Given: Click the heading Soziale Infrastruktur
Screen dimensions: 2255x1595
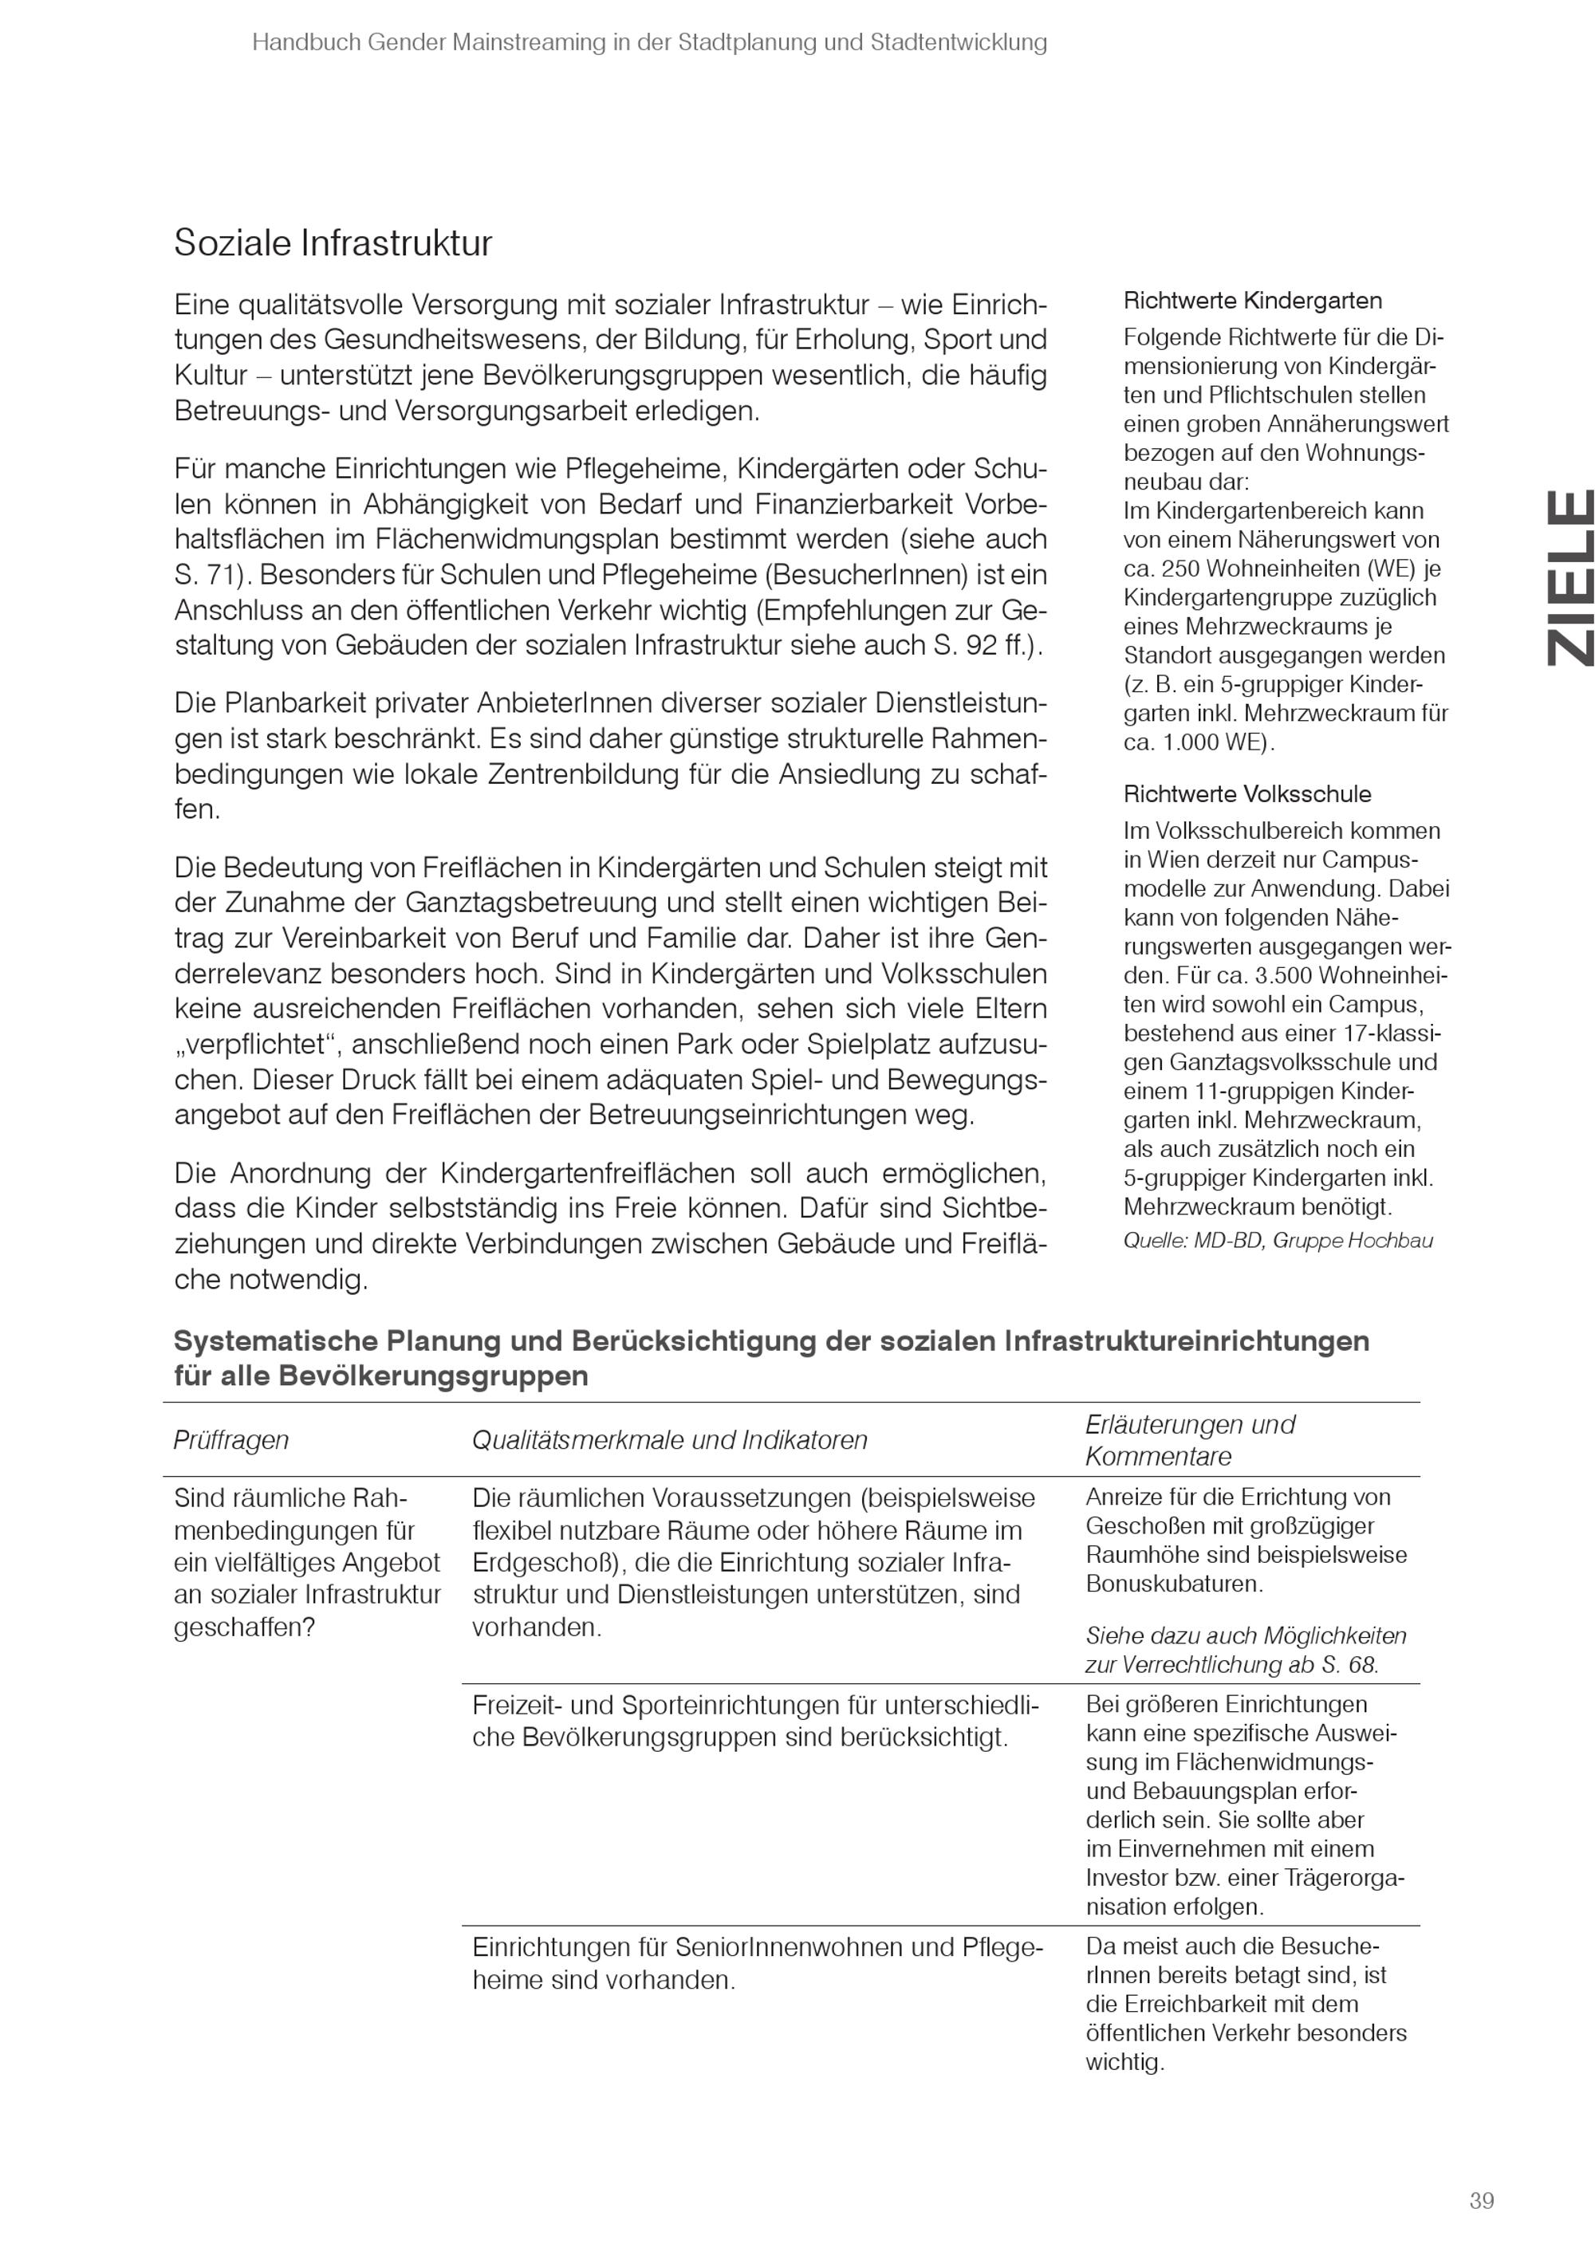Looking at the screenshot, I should [x=333, y=243].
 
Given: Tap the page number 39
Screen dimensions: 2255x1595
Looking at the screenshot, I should [x=1481, y=2199].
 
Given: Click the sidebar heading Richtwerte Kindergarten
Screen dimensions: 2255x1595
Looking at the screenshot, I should [x=1252, y=301].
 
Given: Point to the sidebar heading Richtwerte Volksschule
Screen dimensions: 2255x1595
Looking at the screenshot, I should [x=1247, y=793].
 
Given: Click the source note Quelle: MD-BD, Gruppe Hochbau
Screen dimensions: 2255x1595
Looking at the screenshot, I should [x=1278, y=1241].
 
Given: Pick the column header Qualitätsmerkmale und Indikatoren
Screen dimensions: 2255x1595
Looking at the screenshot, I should [x=670, y=1440].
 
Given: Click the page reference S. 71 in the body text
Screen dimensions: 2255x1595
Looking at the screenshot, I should [x=207, y=575].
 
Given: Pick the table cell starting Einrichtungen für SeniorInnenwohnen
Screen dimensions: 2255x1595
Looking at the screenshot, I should [x=756, y=1963].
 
